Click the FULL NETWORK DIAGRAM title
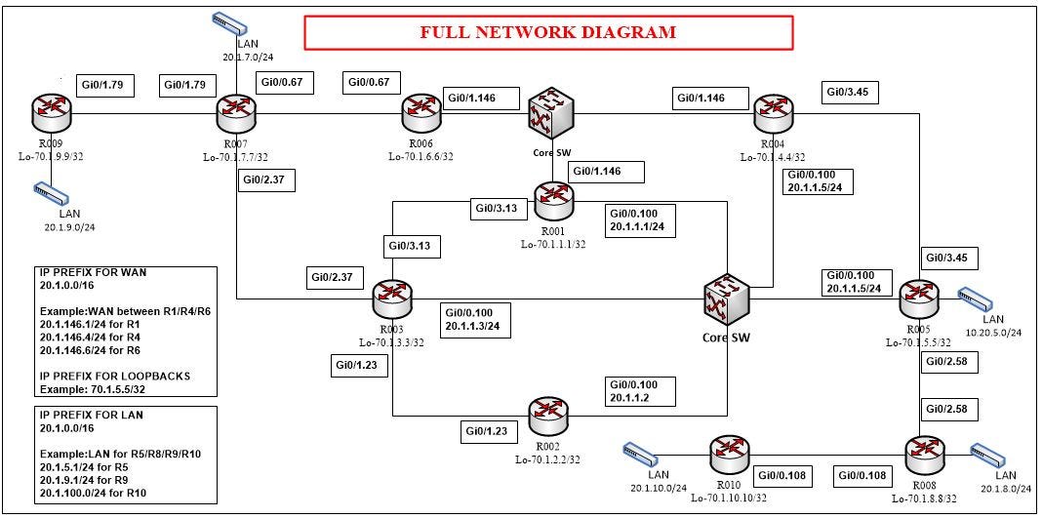click(x=547, y=32)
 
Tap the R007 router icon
click(x=235, y=113)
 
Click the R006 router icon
click(x=421, y=113)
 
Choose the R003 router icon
click(x=393, y=299)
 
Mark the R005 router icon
click(x=918, y=297)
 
